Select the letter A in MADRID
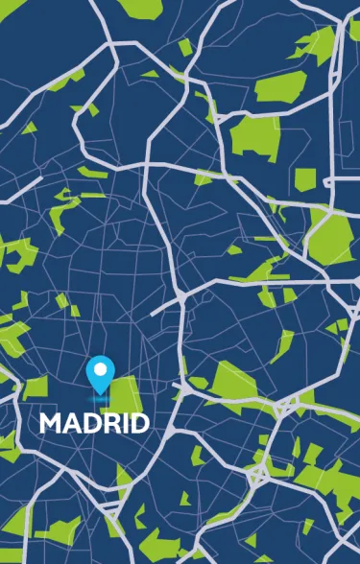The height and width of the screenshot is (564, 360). click(71, 423)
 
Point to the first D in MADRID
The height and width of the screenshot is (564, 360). click(89, 423)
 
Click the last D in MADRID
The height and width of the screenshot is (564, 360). click(137, 423)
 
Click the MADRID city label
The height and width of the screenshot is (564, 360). click(94, 423)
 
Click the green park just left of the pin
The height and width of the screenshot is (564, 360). click(36, 388)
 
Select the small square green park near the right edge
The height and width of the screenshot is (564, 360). click(304, 179)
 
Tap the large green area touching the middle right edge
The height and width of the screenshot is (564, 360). click(331, 234)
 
